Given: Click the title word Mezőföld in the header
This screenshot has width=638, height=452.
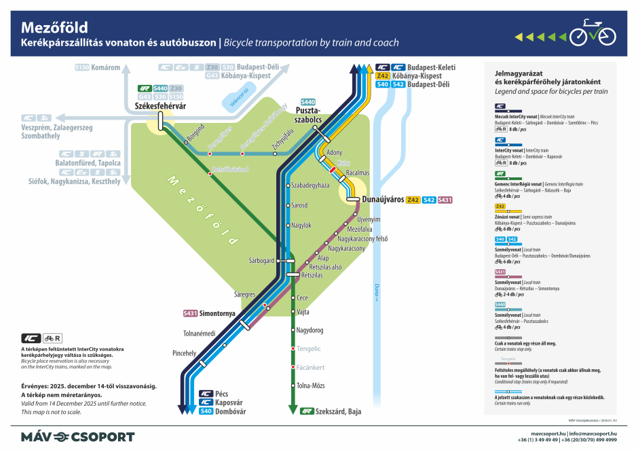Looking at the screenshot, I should tap(56, 27).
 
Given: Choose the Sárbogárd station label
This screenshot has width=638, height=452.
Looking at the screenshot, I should tap(261, 260).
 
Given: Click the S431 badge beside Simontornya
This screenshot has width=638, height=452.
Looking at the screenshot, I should tap(191, 313).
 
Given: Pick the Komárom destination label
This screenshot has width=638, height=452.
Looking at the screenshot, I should tap(107, 67).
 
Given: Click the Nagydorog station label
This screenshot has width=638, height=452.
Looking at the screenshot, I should tap(310, 330).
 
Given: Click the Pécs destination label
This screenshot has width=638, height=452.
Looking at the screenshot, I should tap(223, 394).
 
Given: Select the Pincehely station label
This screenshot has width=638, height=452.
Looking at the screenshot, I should tap(184, 353).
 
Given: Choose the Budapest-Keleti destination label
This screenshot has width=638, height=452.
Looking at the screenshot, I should tap(432, 67).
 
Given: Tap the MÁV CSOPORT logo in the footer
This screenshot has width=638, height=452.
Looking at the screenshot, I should tap(77, 436).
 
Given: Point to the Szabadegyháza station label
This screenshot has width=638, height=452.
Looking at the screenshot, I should tap(309, 185).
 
